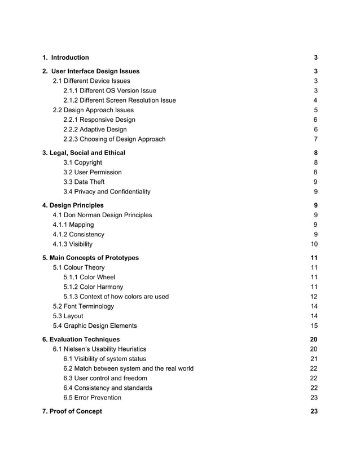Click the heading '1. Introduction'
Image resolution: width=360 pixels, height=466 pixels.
tap(65, 58)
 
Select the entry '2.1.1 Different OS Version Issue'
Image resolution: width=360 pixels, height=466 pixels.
tap(109, 91)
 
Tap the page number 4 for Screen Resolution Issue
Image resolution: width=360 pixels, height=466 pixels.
tap(315, 100)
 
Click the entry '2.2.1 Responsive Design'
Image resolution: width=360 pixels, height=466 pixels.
tap(99, 120)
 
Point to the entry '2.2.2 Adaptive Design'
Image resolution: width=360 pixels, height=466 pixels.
tap(95, 129)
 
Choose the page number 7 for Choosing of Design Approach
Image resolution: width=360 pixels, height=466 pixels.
tap(315, 139)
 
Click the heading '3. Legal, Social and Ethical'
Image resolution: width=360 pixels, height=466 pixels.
tap(84, 153)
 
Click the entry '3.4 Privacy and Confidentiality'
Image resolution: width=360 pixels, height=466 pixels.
tap(107, 192)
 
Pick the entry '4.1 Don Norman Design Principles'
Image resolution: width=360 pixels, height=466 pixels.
tap(102, 215)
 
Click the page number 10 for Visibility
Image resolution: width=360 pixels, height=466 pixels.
tap(314, 244)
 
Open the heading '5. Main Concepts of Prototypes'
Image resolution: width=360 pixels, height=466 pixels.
tap(90, 258)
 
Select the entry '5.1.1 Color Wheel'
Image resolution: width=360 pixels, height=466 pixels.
tap(89, 277)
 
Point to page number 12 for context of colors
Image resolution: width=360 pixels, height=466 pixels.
tap(314, 297)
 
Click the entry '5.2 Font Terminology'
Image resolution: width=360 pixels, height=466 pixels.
tap(83, 306)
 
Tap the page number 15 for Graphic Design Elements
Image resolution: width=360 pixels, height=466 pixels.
tap(314, 326)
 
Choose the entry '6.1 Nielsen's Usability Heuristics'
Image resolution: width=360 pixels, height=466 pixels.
tap(99, 349)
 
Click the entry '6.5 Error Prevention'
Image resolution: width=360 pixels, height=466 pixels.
tap(92, 398)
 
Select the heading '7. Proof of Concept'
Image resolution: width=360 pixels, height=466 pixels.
tap(72, 411)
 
